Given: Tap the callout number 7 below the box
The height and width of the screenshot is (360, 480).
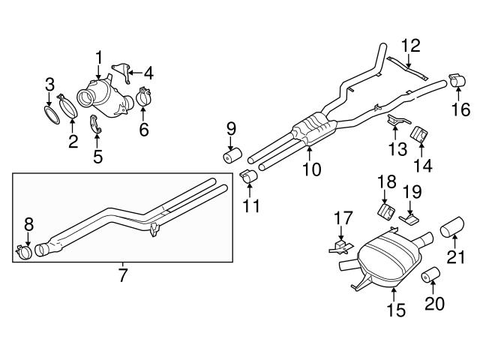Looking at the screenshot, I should click(x=122, y=274).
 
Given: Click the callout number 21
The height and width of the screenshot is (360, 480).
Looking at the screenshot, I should click(x=456, y=257).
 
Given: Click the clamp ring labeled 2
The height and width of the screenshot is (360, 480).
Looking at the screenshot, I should click(x=67, y=106).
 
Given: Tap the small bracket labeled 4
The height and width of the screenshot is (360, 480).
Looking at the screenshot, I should click(x=121, y=73).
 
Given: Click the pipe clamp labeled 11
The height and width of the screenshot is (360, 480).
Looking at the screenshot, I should click(x=249, y=178).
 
